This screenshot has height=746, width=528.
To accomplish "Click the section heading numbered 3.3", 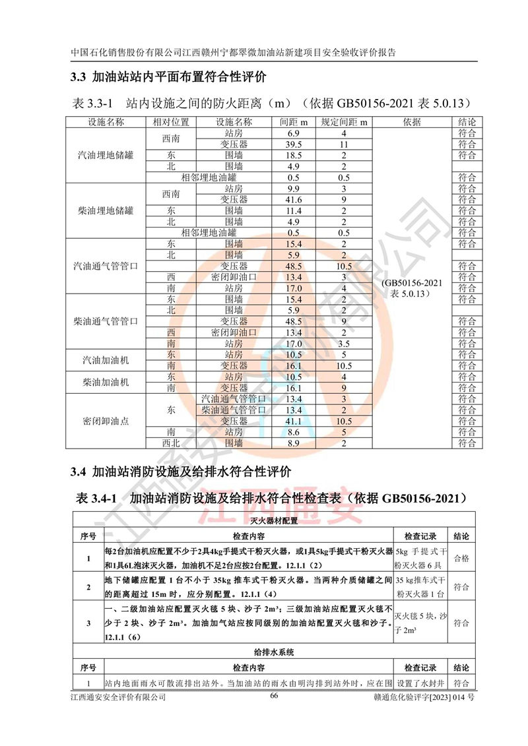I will (168, 77).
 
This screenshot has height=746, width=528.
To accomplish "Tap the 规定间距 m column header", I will (344, 122).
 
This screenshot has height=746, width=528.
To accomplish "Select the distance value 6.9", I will (294, 133).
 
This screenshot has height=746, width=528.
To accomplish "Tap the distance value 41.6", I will (294, 199).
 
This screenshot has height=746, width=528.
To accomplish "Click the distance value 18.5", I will (294, 156).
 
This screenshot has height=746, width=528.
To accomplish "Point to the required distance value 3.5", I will (344, 344).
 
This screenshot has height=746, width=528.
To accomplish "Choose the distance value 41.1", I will (294, 421).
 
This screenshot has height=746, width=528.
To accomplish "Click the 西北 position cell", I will (171, 443).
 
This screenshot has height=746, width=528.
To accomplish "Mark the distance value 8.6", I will (294, 432).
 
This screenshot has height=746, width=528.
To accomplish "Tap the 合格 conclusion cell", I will (461, 558).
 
